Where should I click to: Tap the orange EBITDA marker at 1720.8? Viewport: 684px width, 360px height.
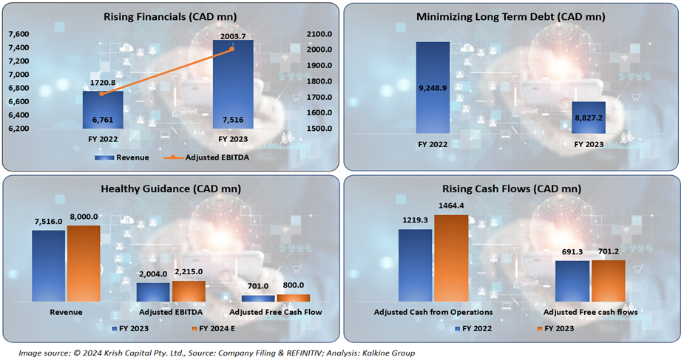point(102,94)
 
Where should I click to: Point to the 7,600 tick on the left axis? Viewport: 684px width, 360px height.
point(18,34)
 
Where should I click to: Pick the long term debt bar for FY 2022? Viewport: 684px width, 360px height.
point(433,87)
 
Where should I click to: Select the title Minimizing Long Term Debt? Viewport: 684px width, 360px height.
point(510,17)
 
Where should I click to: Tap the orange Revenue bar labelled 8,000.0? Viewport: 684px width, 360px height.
point(84,263)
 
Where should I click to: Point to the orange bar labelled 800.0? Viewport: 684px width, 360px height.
point(294,297)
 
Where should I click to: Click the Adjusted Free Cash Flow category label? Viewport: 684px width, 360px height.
point(277,312)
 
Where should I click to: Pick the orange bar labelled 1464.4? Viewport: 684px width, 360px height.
point(451,258)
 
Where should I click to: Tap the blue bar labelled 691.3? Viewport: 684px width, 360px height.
point(572,281)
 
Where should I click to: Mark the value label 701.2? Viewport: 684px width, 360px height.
point(609,251)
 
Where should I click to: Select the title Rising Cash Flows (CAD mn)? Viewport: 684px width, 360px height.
point(511,189)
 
